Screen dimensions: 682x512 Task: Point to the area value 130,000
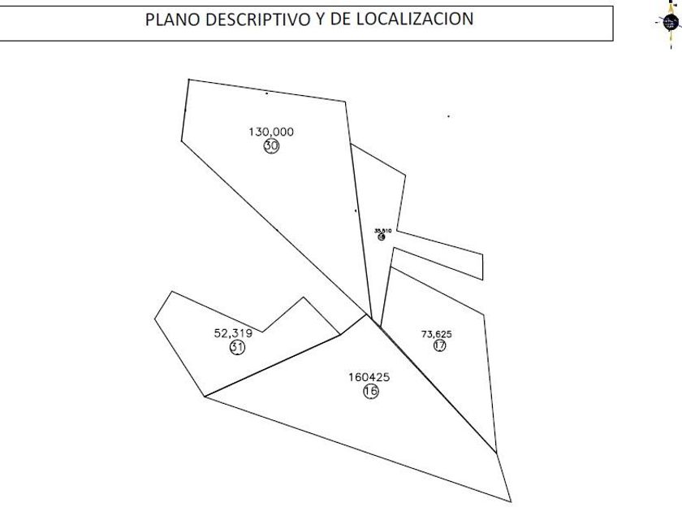(270, 132)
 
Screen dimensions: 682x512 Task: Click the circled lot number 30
(271, 146)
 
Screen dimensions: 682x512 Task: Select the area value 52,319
(233, 332)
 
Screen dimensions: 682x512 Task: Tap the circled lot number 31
(237, 347)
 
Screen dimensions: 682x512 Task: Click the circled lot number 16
(371, 392)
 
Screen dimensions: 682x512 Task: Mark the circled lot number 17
(440, 345)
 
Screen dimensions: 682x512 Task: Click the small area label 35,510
(382, 231)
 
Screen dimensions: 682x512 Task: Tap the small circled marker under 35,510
(382, 237)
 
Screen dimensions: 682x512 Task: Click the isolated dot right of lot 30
(448, 116)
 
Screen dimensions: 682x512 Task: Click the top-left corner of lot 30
(188, 79)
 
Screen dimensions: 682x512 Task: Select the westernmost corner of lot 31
(155, 318)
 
